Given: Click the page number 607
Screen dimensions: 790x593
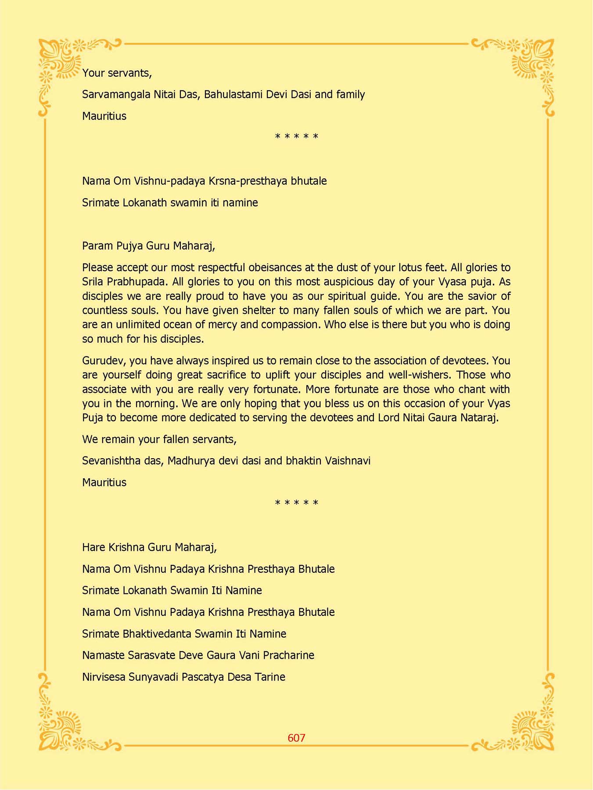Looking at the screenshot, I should (x=296, y=738).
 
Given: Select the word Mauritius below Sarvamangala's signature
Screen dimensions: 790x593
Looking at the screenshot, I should (x=104, y=116).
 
